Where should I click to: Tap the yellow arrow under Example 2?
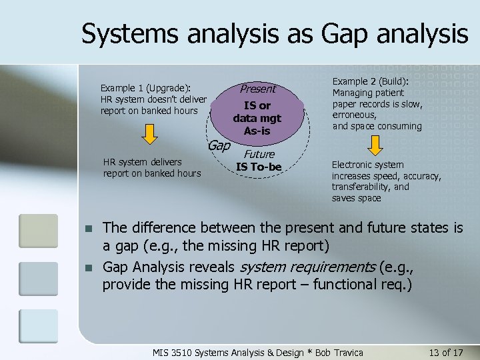coord(375,145)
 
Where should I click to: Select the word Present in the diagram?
coord(257,89)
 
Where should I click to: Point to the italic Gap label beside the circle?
coord(219,145)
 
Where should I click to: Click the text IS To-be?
coord(259,166)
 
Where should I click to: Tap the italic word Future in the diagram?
coord(259,154)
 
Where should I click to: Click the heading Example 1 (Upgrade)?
coord(146,87)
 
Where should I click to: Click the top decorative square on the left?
coord(39,231)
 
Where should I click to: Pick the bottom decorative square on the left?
coord(39,327)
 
